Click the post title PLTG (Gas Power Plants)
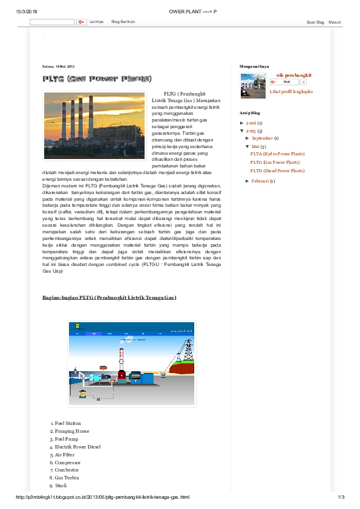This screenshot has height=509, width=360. (x=97, y=79)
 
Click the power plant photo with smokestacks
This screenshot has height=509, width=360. (x=94, y=126)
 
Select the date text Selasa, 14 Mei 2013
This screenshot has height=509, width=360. (x=58, y=66)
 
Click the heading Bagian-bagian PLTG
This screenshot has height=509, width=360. (x=109, y=298)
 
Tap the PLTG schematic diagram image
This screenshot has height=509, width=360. (x=131, y=363)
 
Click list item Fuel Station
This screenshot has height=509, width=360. (x=68, y=423)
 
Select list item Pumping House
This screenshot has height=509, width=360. (x=72, y=431)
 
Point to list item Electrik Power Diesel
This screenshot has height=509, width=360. (x=77, y=447)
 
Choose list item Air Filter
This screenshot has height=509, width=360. (x=67, y=455)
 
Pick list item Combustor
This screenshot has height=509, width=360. (x=67, y=470)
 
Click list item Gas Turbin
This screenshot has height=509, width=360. (x=67, y=478)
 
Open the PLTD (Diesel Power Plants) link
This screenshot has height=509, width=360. (x=277, y=171)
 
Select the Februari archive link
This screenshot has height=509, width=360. (x=261, y=181)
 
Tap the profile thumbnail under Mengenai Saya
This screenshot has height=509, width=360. (x=253, y=86)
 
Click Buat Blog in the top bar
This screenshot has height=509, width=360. (x=315, y=22)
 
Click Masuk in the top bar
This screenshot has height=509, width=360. (x=335, y=22)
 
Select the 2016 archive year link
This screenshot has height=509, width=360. (x=252, y=123)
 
